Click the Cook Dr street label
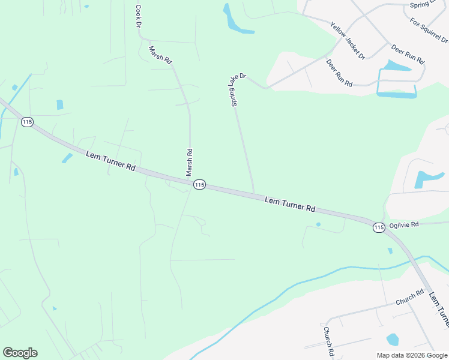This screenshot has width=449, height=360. pos(138,17)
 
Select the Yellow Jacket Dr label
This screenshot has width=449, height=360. pos(348,41)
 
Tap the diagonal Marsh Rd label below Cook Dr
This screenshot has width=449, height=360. pos(161,55)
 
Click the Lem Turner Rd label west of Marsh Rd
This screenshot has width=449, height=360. pos(110,161)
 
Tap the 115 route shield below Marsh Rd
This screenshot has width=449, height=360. pos(200,185)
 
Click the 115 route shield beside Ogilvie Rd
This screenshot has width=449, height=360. pos(378,227)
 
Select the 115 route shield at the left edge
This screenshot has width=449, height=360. pos(26,122)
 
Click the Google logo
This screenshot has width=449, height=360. pos(20,353)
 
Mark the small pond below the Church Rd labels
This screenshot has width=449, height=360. pos(393,340)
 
